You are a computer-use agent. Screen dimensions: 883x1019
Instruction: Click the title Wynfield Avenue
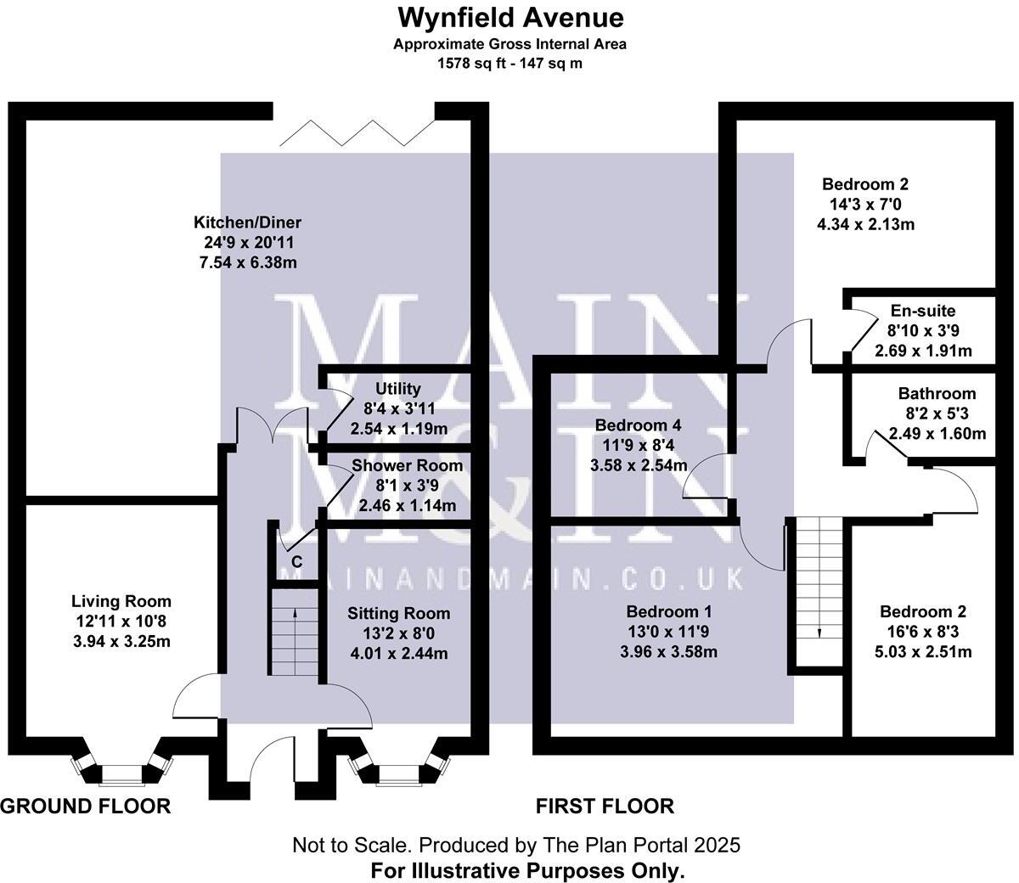tap(509, 17)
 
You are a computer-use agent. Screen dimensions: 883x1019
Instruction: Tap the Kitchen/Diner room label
tap(248, 222)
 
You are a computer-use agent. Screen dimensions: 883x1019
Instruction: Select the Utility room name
tap(398, 389)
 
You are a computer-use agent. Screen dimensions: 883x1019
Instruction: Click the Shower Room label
tap(408, 465)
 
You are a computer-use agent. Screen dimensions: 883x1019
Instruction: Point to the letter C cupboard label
tap(296, 562)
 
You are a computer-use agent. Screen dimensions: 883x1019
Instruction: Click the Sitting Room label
tap(399, 613)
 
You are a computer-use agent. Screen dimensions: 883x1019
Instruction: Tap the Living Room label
tap(121, 602)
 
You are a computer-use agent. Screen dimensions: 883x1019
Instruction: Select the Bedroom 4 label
tap(638, 425)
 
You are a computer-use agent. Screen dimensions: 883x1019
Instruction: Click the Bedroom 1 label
tap(669, 611)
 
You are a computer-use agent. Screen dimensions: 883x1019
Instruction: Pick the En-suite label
tap(923, 311)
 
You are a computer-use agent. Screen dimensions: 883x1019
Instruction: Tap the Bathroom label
tap(937, 393)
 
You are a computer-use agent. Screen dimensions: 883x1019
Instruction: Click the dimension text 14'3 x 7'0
tap(865, 205)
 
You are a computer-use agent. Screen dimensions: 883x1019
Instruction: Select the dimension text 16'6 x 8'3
tap(923, 633)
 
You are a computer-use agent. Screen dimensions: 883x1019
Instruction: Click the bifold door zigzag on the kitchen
tap(354, 132)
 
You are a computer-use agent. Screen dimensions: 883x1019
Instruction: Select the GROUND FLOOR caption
tap(85, 806)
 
